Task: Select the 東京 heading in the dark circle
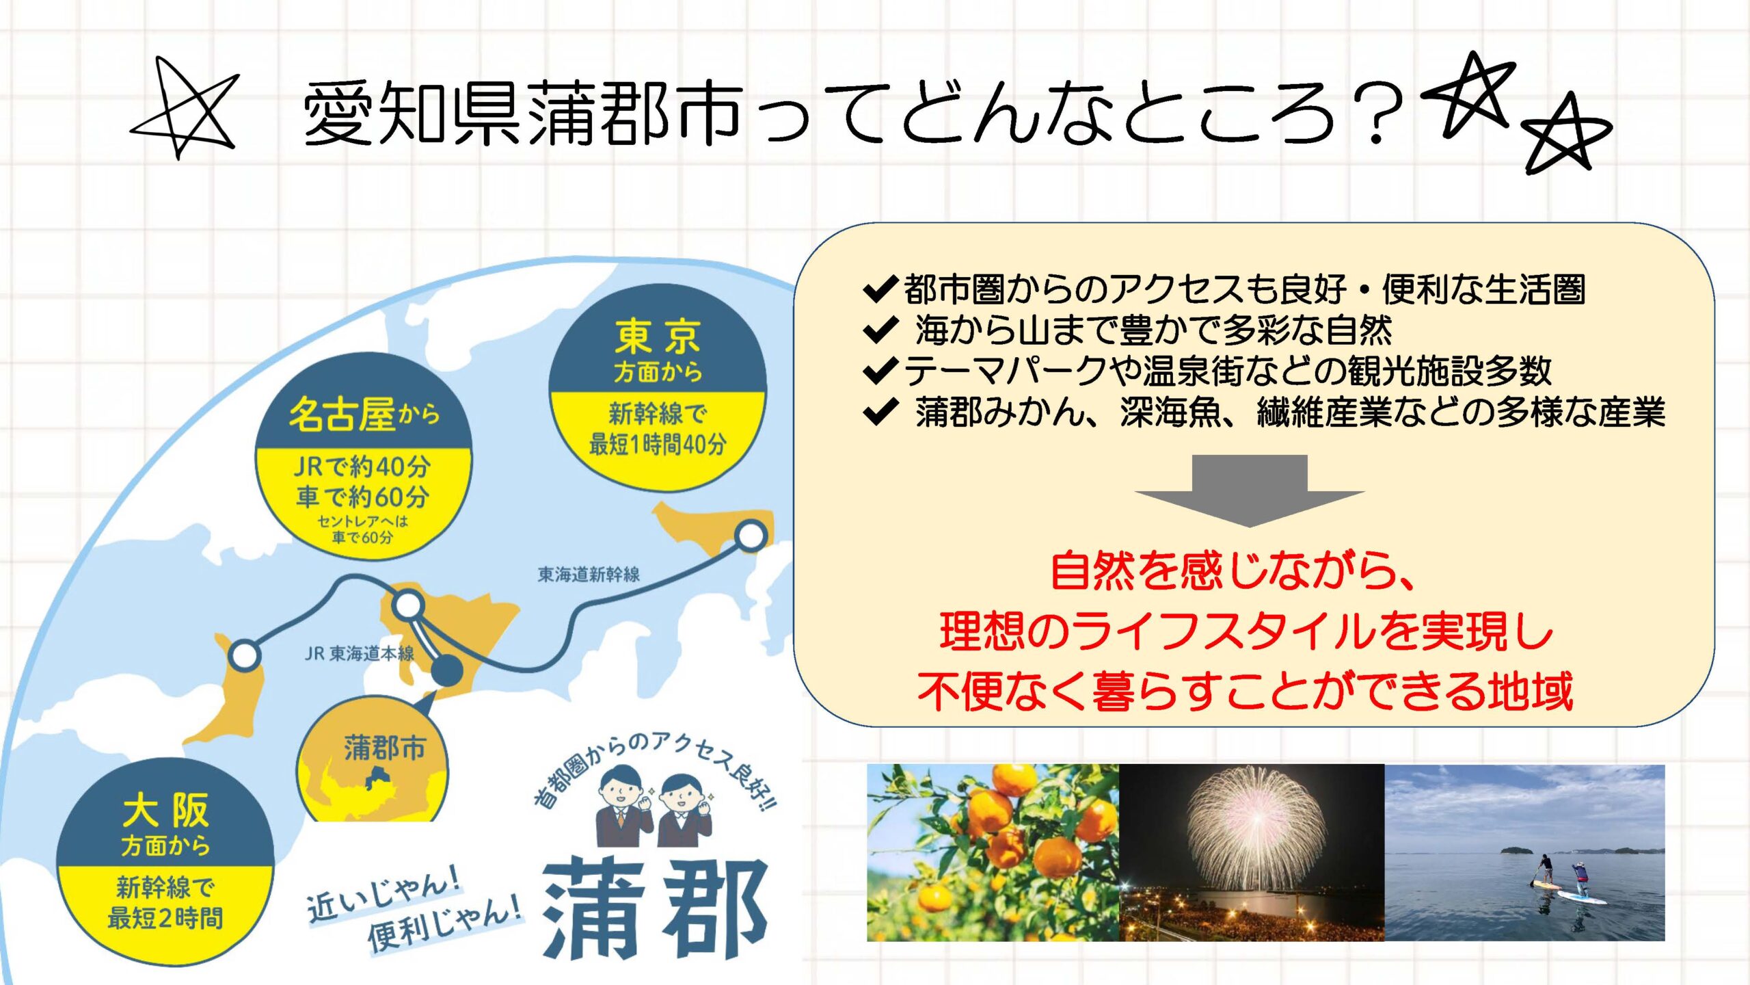pos(657,337)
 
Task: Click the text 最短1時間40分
pos(657,445)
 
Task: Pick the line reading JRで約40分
pos(362,467)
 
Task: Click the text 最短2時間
pos(165,918)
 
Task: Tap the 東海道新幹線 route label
pos(589,574)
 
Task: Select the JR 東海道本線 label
pos(360,654)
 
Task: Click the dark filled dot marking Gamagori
pos(446,670)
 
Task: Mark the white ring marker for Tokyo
pos(751,536)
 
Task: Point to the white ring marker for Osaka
pos(244,655)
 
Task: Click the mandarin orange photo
pos(993,852)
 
